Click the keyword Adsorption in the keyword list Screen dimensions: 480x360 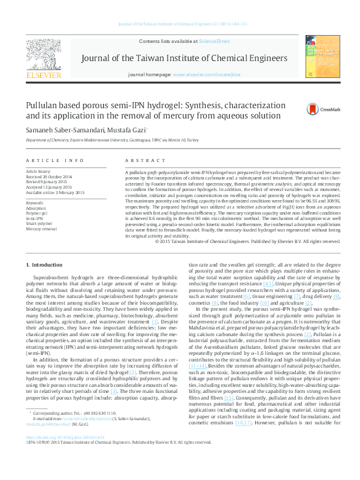[37, 207]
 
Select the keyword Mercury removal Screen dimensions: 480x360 [42, 229]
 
